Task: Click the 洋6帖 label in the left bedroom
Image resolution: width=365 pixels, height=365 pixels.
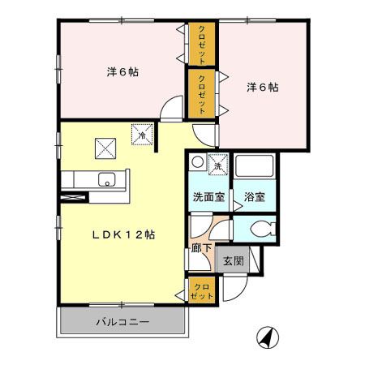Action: point(122,72)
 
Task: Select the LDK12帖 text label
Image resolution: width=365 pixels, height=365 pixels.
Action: point(122,234)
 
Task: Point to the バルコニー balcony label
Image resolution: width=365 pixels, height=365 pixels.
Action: point(122,322)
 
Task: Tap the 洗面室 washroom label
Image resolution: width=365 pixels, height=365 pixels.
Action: point(208,197)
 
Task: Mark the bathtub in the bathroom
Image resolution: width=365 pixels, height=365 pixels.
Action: point(255,168)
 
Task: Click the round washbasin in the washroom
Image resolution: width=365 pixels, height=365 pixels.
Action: point(197,162)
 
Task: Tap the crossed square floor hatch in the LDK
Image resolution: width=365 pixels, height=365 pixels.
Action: point(106,148)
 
